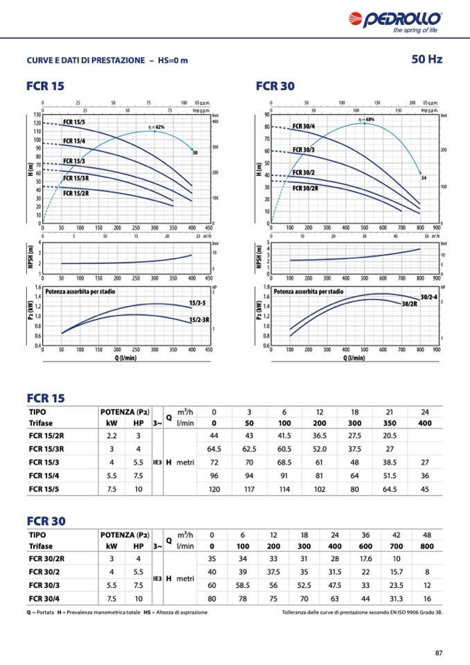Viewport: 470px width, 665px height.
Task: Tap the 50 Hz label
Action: [426, 60]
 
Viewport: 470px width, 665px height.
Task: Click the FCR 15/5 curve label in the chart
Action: [74, 122]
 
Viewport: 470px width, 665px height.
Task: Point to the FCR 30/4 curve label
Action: [304, 126]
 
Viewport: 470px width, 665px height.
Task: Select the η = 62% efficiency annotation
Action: [156, 128]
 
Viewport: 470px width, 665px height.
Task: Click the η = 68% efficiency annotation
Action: [366, 120]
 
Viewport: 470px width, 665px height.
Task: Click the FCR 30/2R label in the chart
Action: [305, 188]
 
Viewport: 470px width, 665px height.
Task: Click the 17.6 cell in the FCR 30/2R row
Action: [366, 558]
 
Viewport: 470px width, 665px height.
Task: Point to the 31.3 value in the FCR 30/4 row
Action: [397, 598]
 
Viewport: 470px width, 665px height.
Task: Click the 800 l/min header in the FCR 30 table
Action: [427, 546]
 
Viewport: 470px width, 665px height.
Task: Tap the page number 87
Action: [438, 651]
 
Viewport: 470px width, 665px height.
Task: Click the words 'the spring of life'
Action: [415, 31]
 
